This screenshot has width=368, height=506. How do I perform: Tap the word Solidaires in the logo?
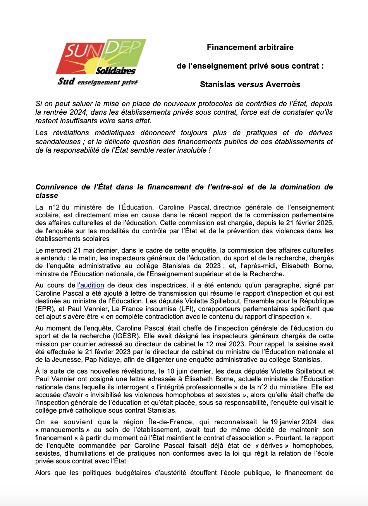[115, 71]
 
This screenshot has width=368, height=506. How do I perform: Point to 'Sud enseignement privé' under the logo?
[98, 82]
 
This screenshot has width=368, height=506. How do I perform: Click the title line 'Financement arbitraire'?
[250, 47]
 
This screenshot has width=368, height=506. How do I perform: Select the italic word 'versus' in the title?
[250, 84]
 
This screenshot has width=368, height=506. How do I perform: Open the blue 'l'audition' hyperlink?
[91, 285]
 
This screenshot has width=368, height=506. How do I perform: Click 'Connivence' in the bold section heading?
[57, 187]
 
